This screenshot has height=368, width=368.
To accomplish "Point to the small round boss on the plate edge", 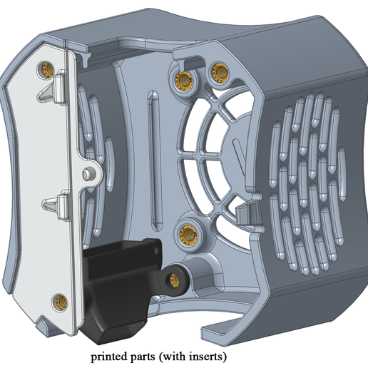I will click(86, 173).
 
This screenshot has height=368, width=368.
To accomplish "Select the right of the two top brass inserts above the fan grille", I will click(218, 71).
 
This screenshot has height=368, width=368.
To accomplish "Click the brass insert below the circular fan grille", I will click(187, 230).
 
